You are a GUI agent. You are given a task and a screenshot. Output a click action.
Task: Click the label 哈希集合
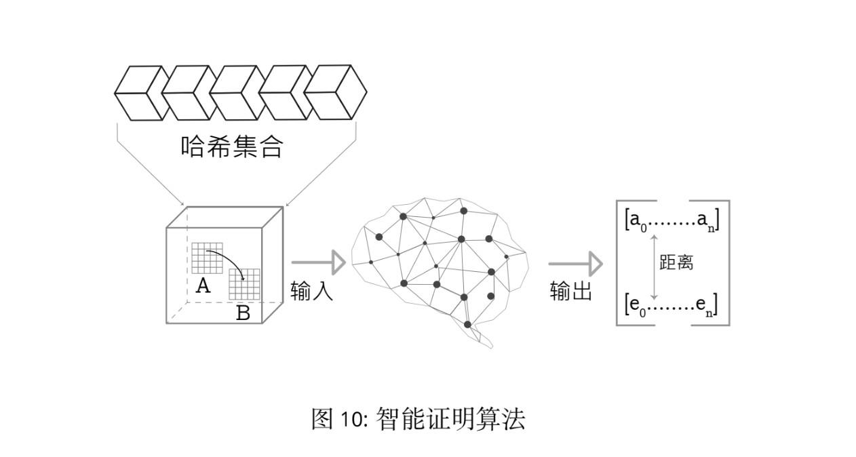tap(231, 146)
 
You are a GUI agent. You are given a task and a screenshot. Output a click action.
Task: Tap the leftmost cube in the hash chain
tap(140, 93)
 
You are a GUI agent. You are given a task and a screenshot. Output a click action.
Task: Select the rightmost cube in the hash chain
tap(335, 92)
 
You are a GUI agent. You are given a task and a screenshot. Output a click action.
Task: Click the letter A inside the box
tap(203, 286)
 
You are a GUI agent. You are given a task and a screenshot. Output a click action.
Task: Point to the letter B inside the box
tap(243, 313)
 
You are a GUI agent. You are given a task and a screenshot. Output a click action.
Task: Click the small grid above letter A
tap(207, 258)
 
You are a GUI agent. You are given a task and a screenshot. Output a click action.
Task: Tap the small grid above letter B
tap(244, 284)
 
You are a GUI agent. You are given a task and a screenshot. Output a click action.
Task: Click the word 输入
tap(312, 291)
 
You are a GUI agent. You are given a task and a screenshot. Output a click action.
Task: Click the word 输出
tap(571, 291)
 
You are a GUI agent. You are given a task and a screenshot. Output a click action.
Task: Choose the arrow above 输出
tap(575, 264)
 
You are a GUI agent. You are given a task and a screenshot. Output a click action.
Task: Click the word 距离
tap(676, 262)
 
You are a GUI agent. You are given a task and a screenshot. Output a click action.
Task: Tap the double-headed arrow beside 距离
tap(654, 266)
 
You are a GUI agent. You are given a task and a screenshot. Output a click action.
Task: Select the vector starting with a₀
tap(672, 220)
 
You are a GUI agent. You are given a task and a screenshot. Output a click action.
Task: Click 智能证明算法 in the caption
tap(450, 419)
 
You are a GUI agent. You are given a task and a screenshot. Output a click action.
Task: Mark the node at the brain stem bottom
tap(467, 325)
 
